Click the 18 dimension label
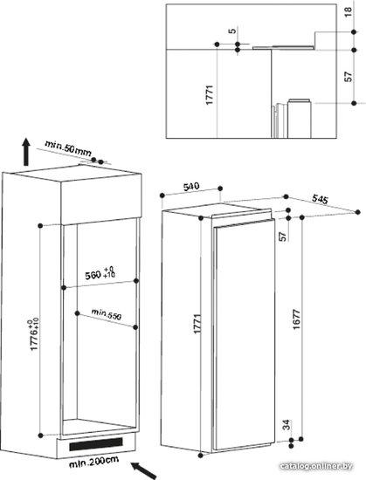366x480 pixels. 349,11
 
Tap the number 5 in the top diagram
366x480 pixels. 232,31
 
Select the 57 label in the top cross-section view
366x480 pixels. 349,76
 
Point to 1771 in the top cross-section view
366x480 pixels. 210,95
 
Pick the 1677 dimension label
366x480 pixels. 296,319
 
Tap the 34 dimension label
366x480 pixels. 286,425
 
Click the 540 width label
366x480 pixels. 191,186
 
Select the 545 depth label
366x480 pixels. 320,199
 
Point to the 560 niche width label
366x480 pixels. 100,273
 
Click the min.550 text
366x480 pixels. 107,314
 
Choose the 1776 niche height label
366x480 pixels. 34,334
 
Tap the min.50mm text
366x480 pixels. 68,148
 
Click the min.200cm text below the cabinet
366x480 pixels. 93,462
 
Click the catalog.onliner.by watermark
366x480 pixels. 315,466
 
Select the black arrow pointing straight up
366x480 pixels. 26,151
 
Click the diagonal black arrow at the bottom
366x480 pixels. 143,470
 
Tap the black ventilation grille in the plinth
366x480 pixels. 96,444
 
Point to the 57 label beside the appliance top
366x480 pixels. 283,236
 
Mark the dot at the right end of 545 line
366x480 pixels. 358,212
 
